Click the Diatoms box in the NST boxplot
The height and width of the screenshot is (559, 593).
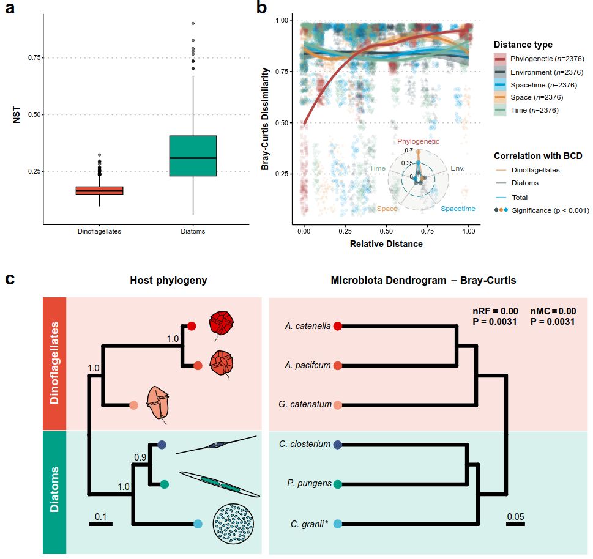[193, 156]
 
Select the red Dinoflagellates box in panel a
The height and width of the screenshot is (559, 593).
[99, 191]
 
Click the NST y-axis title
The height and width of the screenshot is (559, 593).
[17, 114]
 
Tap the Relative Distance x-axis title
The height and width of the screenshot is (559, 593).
[386, 244]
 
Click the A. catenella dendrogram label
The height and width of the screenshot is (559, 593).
[308, 326]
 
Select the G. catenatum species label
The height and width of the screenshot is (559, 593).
[308, 405]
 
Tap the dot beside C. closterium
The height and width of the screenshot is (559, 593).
[337, 445]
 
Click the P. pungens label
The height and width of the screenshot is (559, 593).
[310, 484]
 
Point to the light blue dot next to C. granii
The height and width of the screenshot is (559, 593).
[337, 524]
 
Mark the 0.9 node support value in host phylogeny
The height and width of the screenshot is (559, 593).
[140, 456]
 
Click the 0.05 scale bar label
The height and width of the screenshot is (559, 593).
[515, 515]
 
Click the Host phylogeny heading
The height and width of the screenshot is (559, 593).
[168, 281]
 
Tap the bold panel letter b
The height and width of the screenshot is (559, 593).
[261, 8]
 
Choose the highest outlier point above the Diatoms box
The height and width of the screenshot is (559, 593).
[193, 23]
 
